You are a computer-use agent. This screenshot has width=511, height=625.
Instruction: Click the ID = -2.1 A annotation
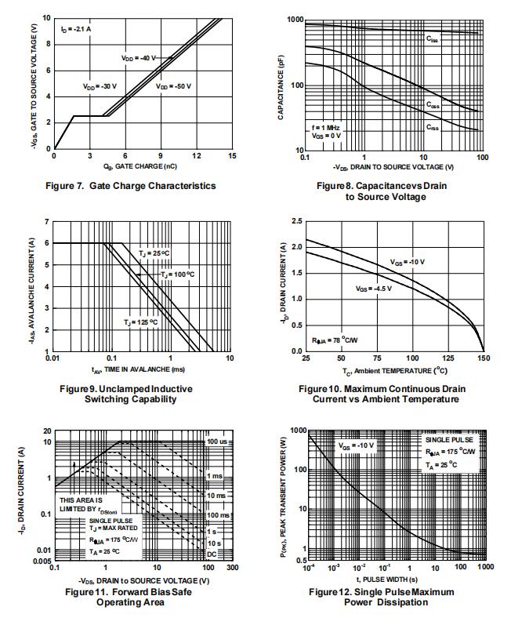[76, 29]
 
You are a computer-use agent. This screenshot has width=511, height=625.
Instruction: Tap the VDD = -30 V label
[100, 86]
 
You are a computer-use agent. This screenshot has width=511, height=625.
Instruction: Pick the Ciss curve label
[433, 38]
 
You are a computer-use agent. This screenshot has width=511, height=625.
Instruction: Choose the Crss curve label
[433, 126]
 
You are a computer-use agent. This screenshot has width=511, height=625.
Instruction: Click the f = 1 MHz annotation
[326, 128]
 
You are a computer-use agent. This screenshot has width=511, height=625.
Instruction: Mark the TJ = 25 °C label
[154, 253]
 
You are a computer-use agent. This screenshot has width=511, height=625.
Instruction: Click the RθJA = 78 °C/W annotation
[336, 340]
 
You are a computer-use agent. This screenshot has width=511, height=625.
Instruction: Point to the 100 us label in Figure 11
[217, 443]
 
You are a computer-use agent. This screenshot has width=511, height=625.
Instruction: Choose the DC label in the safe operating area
[212, 554]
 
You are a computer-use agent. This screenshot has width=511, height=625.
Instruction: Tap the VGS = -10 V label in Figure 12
[357, 445]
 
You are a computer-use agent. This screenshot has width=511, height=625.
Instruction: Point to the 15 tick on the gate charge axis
[232, 156]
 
